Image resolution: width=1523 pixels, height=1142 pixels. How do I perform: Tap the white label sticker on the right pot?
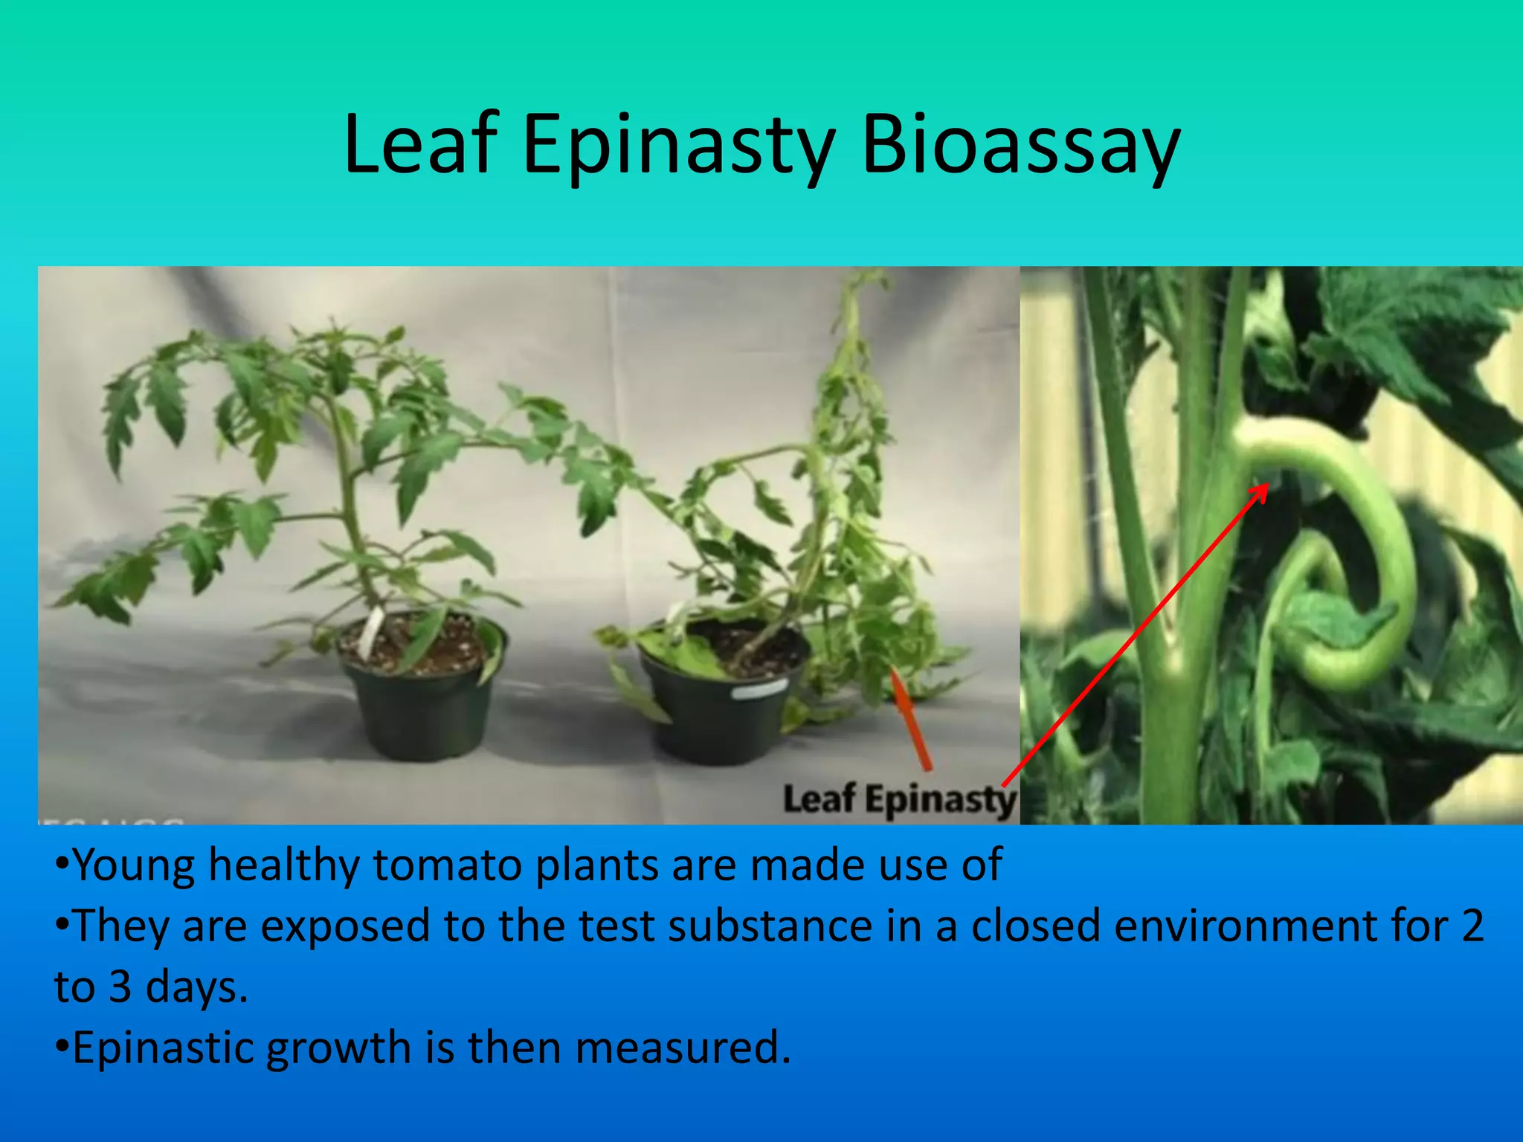click(759, 691)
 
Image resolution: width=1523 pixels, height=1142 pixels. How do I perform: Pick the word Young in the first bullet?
click(134, 865)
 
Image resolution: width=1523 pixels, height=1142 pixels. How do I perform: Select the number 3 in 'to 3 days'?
click(120, 987)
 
